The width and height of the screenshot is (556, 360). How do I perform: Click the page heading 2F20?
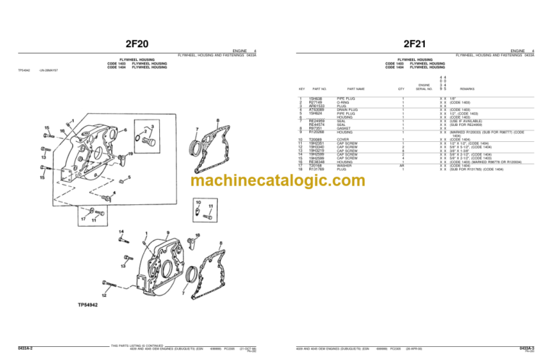coord(138,43)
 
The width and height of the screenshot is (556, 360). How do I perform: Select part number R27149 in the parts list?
coord(316,103)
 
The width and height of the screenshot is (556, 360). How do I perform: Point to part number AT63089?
coord(317,110)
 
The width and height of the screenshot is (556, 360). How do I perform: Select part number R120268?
coord(317,133)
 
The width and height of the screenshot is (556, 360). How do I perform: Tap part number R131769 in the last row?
coord(317,169)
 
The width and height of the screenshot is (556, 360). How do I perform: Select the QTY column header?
coord(401,88)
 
